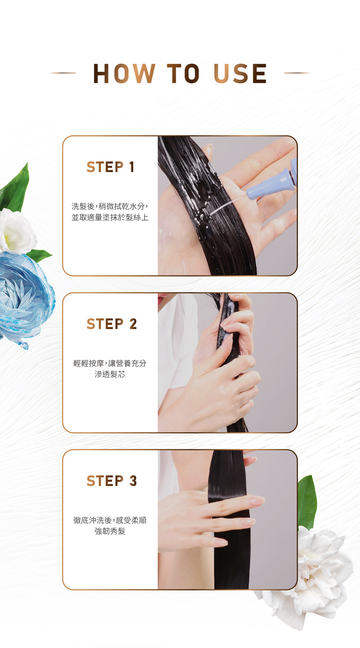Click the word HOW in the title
pyautogui.click(x=124, y=74)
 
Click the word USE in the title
pyautogui.click(x=240, y=74)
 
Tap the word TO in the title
pyautogui.click(x=183, y=74)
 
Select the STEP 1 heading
pyautogui.click(x=111, y=167)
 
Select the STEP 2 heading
pyautogui.click(x=112, y=324)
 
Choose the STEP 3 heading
pyautogui.click(x=112, y=481)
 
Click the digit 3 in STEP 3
pyautogui.click(x=133, y=481)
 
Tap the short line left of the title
pyautogui.click(x=63, y=73)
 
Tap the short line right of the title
pyautogui.click(x=297, y=73)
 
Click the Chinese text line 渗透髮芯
pyautogui.click(x=110, y=374)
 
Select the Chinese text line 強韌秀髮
pyautogui.click(x=110, y=531)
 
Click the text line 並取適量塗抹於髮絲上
pyautogui.click(x=110, y=217)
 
